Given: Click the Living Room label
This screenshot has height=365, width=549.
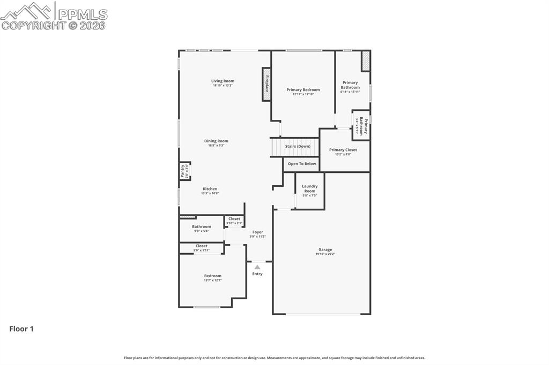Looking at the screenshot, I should coord(222,81).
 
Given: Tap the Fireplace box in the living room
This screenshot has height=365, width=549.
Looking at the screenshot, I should coord(266,83).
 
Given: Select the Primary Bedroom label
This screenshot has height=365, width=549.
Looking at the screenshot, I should coord(303,90).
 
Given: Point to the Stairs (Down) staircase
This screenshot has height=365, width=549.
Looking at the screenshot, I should coord(296,147).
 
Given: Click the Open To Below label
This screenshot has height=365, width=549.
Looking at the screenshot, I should coord(302,164).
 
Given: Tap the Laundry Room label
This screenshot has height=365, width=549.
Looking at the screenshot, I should coord(310,188).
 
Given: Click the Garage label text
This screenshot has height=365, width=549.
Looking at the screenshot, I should coord(325,249).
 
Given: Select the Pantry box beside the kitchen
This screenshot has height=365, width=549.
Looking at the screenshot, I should coord(184,171).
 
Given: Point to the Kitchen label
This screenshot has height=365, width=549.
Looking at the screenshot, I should coord(210,189).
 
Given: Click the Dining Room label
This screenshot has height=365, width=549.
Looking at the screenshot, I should coord(216,141).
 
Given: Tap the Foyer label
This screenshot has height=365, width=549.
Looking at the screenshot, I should coord(257,232).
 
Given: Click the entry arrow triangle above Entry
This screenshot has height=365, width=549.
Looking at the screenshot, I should coord(257,267).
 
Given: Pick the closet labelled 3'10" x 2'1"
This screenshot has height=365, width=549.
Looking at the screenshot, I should coord(234,221).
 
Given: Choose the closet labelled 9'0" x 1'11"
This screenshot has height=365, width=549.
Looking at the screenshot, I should coord(202,248).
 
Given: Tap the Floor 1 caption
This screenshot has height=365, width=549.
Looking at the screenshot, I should coord(21,329).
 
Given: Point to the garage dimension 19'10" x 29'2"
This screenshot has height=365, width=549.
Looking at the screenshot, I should coord(325,254).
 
